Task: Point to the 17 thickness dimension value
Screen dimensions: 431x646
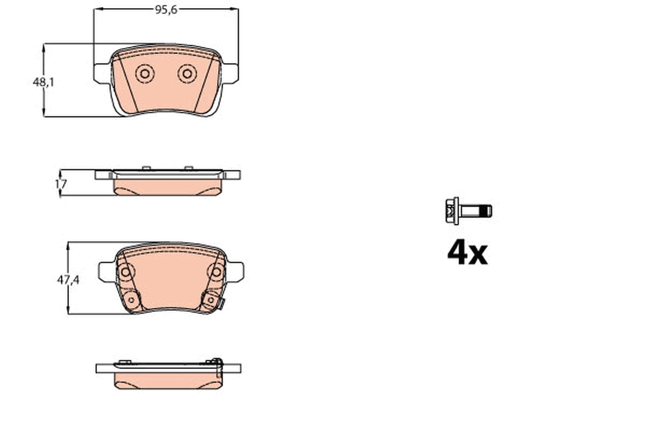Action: coord(61,184)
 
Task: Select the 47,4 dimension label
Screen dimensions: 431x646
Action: coord(68,280)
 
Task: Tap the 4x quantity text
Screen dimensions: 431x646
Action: coord(467,253)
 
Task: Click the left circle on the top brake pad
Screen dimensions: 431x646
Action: coord(145,74)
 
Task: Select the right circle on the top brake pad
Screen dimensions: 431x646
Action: coord(187,74)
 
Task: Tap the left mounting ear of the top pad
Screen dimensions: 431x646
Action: coord(101,73)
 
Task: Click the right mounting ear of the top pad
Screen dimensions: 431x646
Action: coord(230,73)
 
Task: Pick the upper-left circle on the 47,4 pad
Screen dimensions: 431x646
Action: coord(125,272)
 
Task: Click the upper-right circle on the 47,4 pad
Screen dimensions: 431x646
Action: coord(216,272)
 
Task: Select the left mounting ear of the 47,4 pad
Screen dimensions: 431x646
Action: coord(106,271)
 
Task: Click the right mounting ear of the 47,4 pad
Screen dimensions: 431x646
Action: coord(236,271)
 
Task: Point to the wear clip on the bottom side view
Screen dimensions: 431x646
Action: coord(217,365)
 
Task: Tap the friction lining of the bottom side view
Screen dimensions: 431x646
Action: coord(168,380)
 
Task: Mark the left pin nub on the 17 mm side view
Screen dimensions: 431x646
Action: coord(146,168)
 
